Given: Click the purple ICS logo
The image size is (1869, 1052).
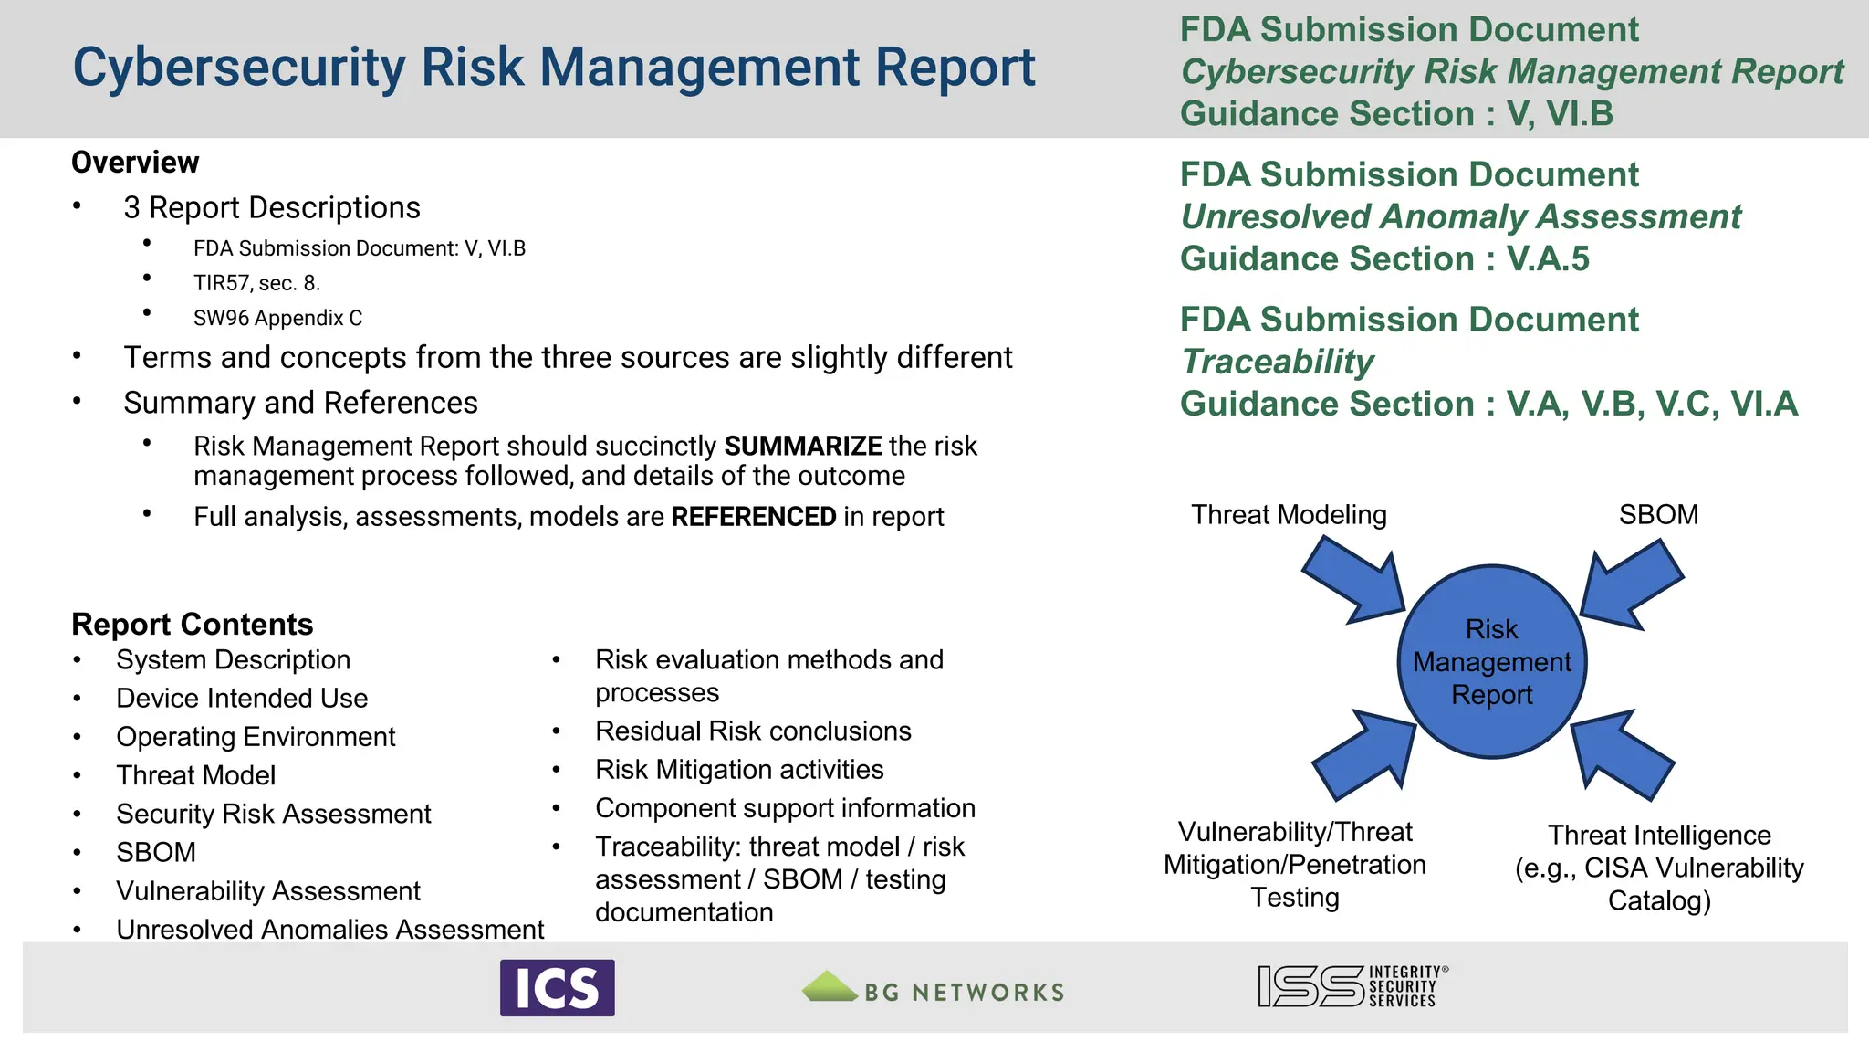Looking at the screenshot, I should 557,987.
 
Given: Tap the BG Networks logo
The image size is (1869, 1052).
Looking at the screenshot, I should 933,988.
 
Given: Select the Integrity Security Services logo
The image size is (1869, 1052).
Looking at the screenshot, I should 1352,986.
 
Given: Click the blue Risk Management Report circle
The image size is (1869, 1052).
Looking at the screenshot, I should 1491,661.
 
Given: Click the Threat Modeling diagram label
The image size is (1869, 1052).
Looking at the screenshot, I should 1289,515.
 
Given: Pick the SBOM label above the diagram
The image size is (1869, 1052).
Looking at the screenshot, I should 1658,514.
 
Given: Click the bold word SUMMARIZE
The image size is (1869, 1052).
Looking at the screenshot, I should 802,446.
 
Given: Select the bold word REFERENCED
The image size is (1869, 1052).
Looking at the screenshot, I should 753,517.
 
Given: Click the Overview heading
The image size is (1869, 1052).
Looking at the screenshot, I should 135,163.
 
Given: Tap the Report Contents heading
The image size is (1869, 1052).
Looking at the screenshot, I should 192,624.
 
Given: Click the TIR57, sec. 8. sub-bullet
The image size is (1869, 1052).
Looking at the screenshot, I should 256,283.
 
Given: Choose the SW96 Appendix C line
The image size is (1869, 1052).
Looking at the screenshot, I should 277,318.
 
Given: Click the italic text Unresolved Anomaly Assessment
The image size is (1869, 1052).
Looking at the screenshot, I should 1460,217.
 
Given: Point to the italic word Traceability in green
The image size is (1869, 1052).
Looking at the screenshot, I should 1277,362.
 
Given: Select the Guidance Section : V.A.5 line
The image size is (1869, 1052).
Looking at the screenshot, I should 1383,259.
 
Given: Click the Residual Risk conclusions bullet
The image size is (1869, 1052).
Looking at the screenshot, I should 753,731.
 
